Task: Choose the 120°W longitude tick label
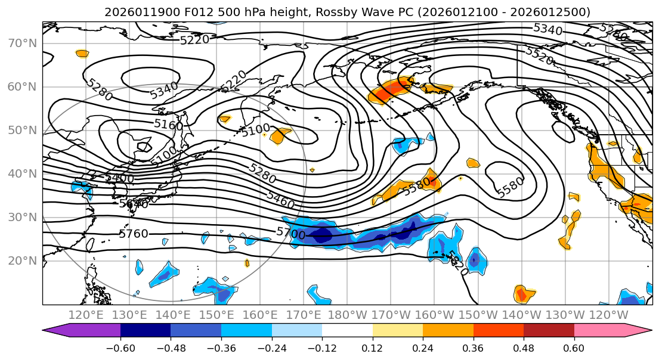coord(608,315)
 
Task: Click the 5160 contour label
coord(168,125)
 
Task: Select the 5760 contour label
coord(134,234)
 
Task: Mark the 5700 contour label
coord(291,232)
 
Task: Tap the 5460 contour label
coord(280,200)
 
